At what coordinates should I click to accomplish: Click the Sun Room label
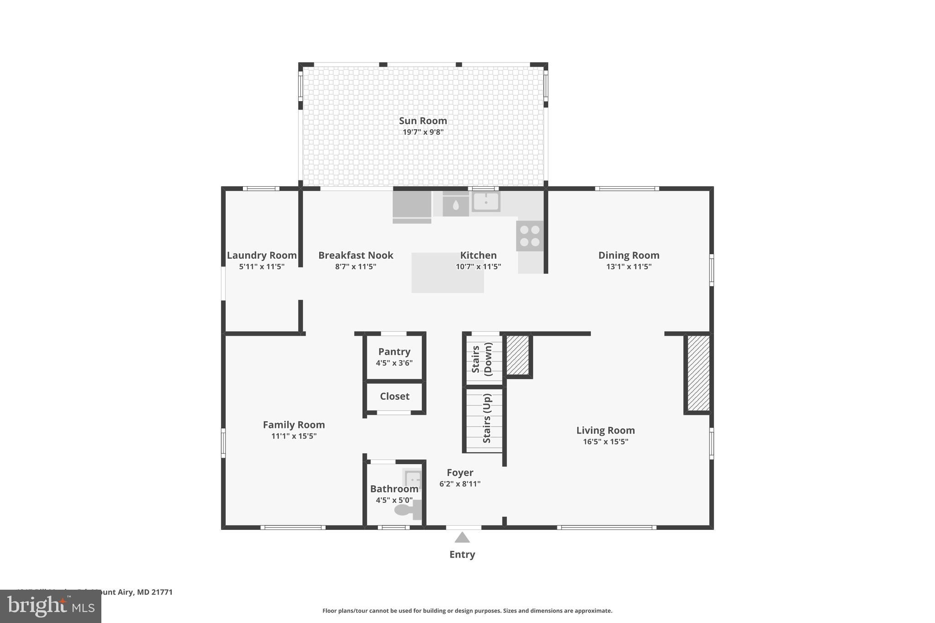coord(423,121)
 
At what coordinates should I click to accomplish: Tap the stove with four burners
coord(530,236)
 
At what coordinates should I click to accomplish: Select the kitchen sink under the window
coord(486,201)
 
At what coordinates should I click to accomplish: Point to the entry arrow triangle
coord(462,538)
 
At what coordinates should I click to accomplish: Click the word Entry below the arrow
coord(462,555)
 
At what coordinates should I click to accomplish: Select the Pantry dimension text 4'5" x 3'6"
coord(394,363)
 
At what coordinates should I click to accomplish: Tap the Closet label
coord(394,397)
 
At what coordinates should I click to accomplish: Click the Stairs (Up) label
coord(487,419)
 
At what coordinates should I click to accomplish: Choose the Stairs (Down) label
coord(482,359)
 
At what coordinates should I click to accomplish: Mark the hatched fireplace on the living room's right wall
coord(699,373)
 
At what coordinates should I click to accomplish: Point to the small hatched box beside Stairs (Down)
coord(518,355)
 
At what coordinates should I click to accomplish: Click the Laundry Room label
coord(262,256)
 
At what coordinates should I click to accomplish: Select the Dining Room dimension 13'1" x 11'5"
coord(629,267)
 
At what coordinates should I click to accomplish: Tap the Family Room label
coord(294,425)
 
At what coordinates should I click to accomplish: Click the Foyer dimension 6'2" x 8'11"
coord(460,484)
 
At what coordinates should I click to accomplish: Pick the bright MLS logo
coord(51,607)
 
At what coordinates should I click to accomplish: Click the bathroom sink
coord(413,479)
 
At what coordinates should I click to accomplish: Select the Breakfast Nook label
coord(356,256)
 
